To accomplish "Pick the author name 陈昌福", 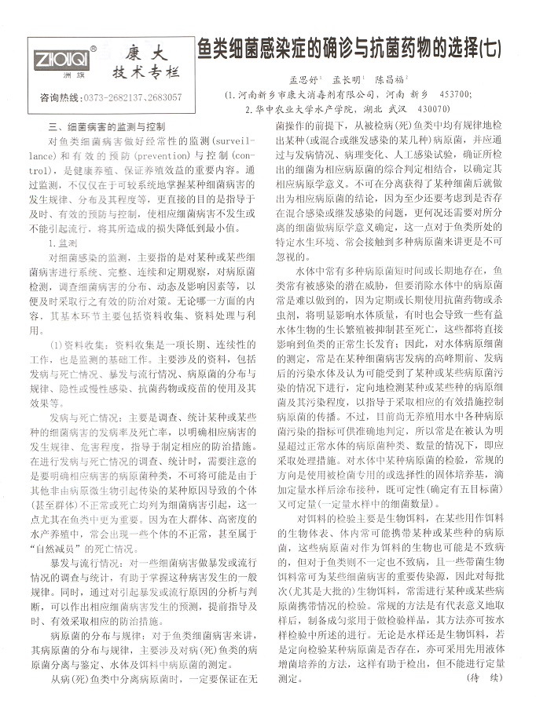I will (x=390, y=80).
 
